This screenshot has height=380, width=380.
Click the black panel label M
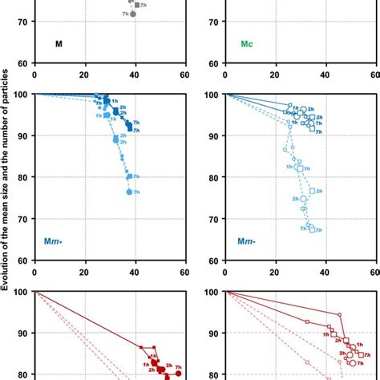point(59,44)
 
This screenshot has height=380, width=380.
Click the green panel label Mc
point(249,44)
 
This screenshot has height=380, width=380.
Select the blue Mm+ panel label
point(66,241)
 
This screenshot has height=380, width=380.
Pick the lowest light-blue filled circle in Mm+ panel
point(129,192)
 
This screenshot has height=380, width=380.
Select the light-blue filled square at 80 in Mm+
point(129,176)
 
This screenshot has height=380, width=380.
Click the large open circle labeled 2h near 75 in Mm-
point(304,199)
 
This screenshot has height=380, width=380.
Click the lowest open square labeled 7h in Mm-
point(312,229)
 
